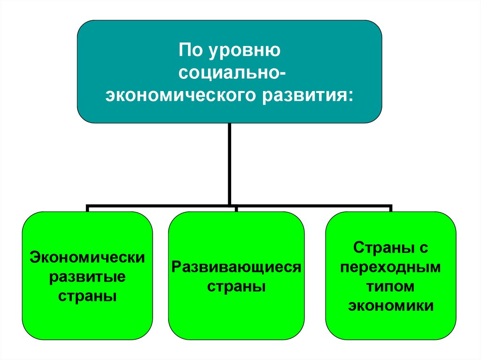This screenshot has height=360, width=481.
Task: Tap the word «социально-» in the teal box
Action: tap(230, 73)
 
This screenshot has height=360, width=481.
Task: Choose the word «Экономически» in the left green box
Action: tap(88, 257)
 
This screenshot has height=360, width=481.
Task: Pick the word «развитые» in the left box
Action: tap(87, 277)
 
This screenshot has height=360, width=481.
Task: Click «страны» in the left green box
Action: tap(87, 297)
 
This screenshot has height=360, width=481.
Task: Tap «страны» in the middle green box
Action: tap(236, 287)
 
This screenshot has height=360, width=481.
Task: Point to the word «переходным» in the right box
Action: tap(390, 267)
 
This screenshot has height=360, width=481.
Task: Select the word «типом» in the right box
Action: tap(390, 286)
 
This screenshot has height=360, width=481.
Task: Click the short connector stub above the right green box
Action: tap(390, 208)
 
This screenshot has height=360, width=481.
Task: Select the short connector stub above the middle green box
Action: tap(236, 208)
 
